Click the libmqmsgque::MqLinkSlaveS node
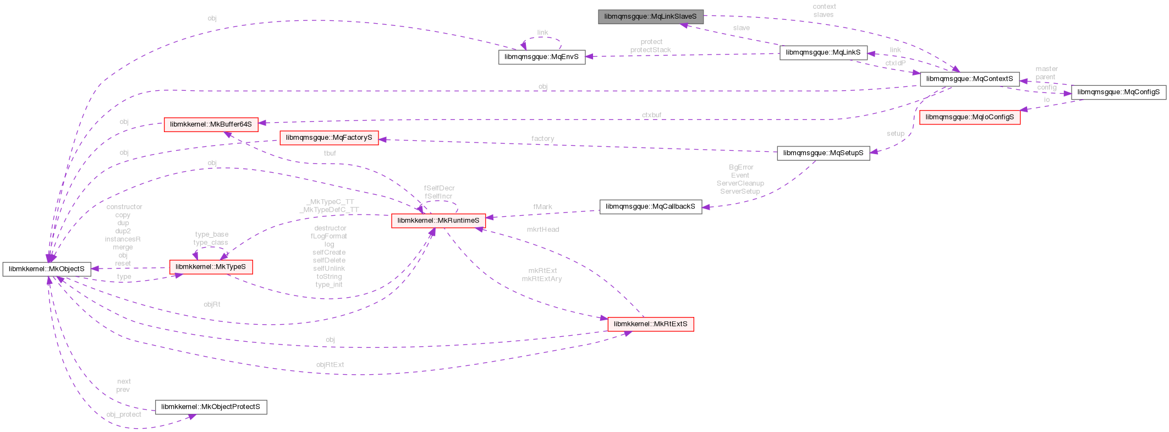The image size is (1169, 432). (650, 17)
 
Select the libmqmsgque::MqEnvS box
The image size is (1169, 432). (541, 57)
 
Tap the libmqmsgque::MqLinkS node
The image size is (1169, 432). (823, 53)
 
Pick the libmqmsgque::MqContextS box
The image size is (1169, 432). (969, 79)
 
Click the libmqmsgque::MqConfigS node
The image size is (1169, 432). (1118, 92)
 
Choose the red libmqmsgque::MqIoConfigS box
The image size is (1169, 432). (969, 117)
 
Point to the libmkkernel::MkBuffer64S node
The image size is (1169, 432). (211, 124)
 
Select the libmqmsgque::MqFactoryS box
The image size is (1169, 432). (329, 138)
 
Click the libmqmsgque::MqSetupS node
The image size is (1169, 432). (823, 153)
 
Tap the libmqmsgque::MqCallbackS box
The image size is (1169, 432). (650, 207)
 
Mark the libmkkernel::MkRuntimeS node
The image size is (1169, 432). (438, 221)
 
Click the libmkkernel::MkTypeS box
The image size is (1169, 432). (211, 267)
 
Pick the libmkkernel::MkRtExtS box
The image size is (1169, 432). (650, 324)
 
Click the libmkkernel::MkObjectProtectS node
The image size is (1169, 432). (211, 407)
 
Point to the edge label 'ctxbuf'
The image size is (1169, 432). (651, 115)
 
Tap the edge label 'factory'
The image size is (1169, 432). (542, 139)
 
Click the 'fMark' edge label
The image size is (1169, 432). (542, 207)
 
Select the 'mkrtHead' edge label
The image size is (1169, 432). (542, 229)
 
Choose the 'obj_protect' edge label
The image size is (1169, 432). (124, 415)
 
